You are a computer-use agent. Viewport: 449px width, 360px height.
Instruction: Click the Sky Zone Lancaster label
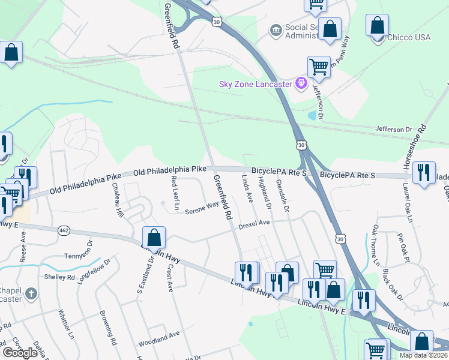pos(256,83)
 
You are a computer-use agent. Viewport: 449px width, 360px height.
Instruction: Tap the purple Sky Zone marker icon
pos(301,83)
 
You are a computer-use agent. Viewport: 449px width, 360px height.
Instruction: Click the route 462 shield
pos(64,230)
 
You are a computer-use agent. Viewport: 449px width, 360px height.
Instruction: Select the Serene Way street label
pos(202,208)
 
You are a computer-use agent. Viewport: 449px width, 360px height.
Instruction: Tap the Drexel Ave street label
pos(256,223)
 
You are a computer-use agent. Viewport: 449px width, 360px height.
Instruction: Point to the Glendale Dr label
pos(282,195)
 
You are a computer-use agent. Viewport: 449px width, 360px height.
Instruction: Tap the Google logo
pos(20,353)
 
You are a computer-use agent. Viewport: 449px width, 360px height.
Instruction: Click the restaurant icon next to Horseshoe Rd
pos(424,173)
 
